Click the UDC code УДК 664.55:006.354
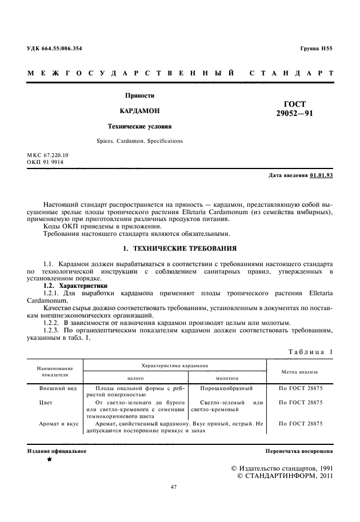coord(54,49)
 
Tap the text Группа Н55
coord(316,49)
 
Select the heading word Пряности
coord(140,95)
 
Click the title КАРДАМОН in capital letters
coord(140,110)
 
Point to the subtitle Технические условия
coord(140,126)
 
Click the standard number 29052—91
coord(294,114)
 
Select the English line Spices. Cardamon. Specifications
coord(140,140)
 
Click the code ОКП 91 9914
coord(45,162)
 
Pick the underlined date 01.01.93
coord(321,175)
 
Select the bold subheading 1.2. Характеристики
coord(75,285)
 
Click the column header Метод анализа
coord(300,371)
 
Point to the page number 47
coord(175,487)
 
